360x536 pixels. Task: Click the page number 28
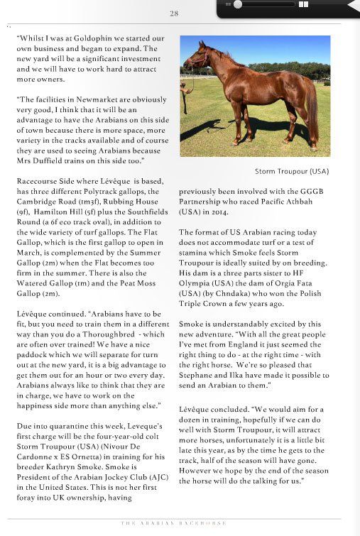(175, 13)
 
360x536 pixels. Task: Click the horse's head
(200, 58)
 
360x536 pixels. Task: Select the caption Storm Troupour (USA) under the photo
(292, 172)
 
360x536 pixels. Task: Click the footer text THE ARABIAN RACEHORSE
(175, 523)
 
